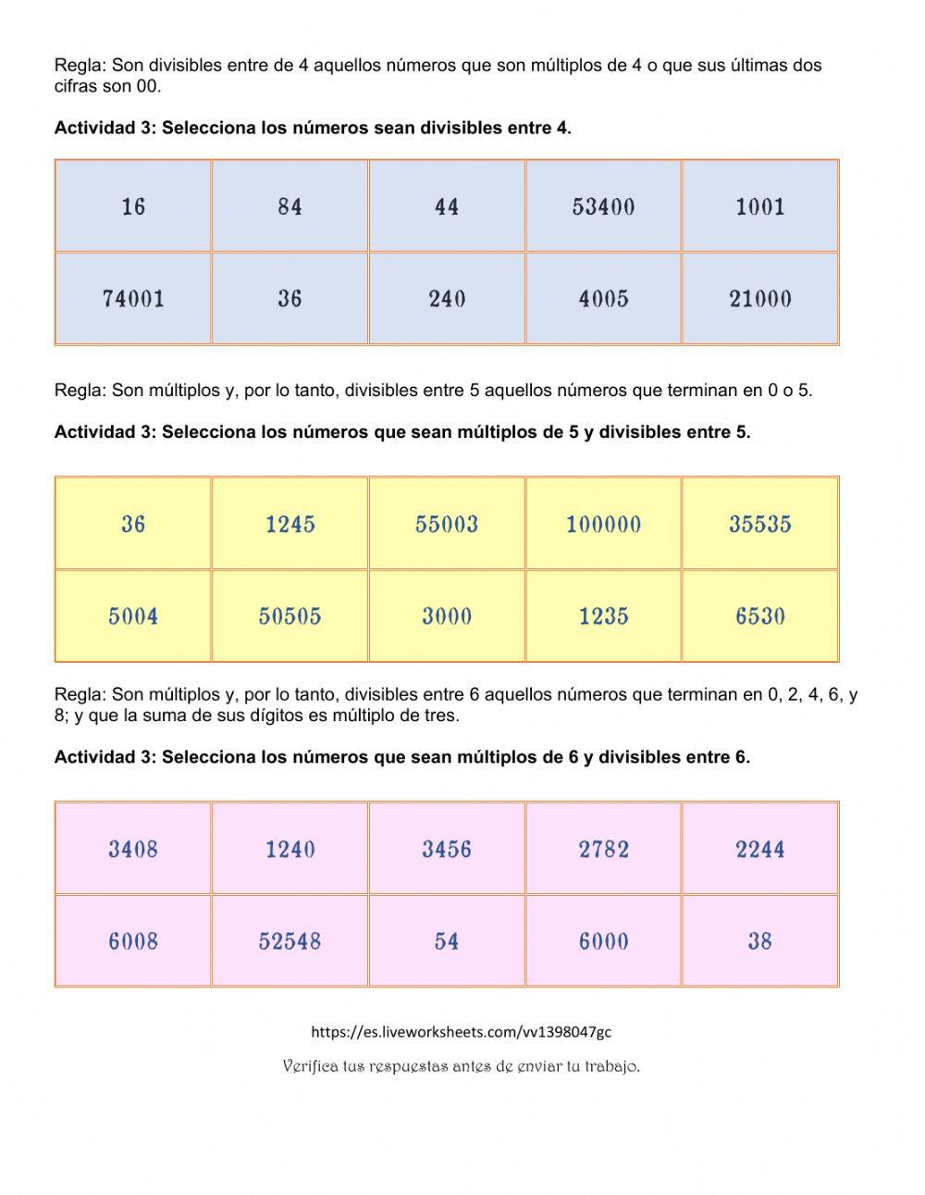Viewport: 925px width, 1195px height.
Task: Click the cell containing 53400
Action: pyautogui.click(x=603, y=206)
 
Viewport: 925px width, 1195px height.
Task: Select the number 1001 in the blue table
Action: pyautogui.click(x=760, y=206)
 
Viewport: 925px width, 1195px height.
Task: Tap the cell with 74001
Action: pyautogui.click(x=133, y=299)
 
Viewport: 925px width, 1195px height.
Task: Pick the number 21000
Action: pyautogui.click(x=760, y=299)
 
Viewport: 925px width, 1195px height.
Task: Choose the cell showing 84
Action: pyautogui.click(x=290, y=206)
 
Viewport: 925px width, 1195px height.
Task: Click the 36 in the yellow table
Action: pyautogui.click(x=133, y=524)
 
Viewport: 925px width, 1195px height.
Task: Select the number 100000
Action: pyautogui.click(x=603, y=524)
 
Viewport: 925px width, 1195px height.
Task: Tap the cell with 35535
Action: pyautogui.click(x=760, y=524)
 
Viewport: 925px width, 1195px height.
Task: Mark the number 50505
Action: pyautogui.click(x=290, y=616)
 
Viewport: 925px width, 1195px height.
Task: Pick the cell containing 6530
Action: pyautogui.click(x=760, y=616)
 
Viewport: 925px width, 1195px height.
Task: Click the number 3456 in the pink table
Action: pyautogui.click(x=447, y=849)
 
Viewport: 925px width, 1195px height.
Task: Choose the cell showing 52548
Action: pyautogui.click(x=290, y=941)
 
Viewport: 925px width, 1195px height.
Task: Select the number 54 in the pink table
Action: pyautogui.click(x=447, y=941)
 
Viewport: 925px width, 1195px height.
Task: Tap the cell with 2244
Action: pyautogui.click(x=760, y=849)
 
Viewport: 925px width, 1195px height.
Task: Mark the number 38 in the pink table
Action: pyautogui.click(x=760, y=941)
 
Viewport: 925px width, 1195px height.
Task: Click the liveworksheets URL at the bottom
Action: pyautogui.click(x=462, y=1031)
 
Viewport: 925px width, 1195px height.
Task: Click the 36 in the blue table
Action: pyautogui.click(x=290, y=299)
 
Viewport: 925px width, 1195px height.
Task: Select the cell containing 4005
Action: pyautogui.click(x=603, y=299)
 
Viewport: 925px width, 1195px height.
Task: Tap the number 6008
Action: pyautogui.click(x=133, y=941)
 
